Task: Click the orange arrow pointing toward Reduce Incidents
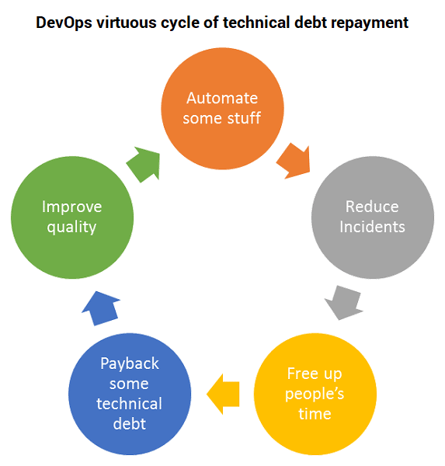294,162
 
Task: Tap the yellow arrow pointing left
223,394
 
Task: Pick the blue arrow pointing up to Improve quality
101,308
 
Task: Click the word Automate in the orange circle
222,98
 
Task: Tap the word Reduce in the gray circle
372,207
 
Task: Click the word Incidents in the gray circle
372,227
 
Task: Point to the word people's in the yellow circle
315,395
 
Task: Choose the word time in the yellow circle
315,414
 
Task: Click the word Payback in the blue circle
130,363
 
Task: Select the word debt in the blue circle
130,424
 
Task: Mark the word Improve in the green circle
72,207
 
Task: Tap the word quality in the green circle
71,228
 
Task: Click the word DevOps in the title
64,23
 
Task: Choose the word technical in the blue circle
130,404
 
